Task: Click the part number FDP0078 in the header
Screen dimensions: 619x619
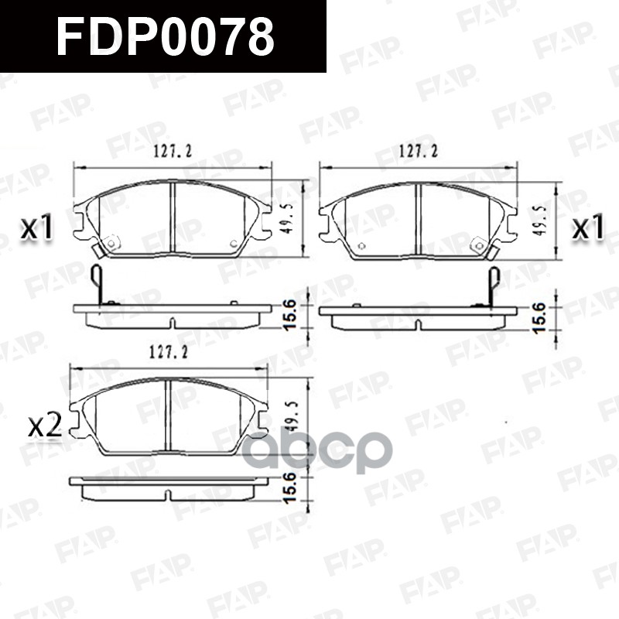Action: pyautogui.click(x=165, y=37)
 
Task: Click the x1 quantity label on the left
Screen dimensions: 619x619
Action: pyautogui.click(x=36, y=227)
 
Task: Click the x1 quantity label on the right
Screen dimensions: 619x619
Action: pyautogui.click(x=587, y=227)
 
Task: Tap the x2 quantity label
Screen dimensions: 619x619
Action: pyautogui.click(x=44, y=426)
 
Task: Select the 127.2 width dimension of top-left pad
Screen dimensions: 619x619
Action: pyautogui.click(x=171, y=152)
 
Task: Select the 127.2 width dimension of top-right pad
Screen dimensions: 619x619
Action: pyautogui.click(x=417, y=152)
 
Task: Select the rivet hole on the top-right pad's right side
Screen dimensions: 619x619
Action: pyautogui.click(x=480, y=247)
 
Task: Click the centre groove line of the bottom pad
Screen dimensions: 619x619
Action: pyautogui.click(x=168, y=418)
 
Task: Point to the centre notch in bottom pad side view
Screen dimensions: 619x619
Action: pyautogui.click(x=168, y=493)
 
